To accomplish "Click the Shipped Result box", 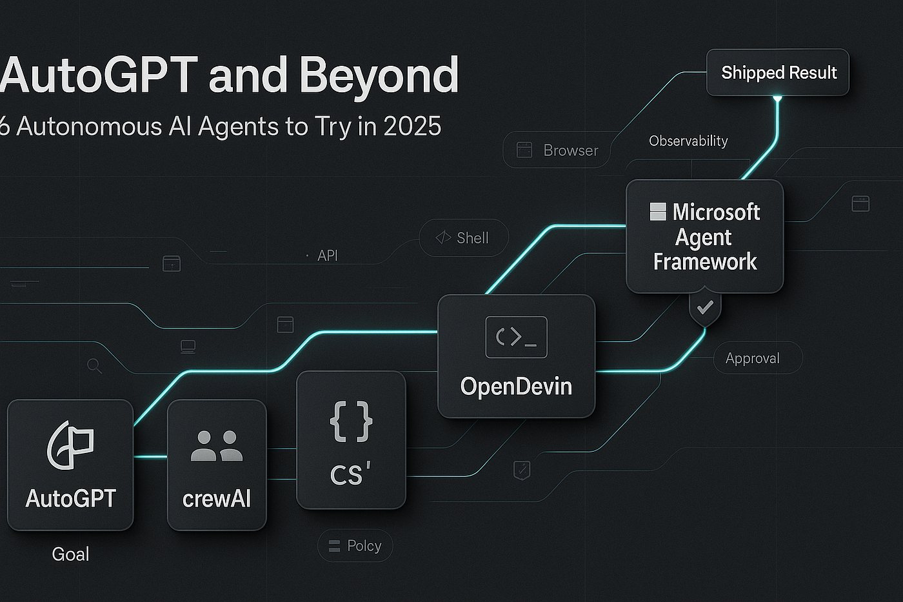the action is click(x=778, y=72).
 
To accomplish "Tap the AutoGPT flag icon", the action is click(x=71, y=445).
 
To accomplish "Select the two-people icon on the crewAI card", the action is click(x=217, y=446).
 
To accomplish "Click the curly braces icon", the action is click(x=351, y=421).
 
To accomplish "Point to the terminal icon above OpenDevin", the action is click(x=517, y=337).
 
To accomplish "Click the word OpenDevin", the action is click(x=516, y=386).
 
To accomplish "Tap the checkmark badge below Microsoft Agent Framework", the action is click(x=704, y=308).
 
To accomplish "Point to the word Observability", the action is click(x=688, y=141).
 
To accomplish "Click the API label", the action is click(x=328, y=256).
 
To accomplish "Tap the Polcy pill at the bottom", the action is click(x=355, y=546).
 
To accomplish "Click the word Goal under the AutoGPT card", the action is click(x=70, y=554).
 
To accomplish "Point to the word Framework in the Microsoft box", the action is click(x=704, y=261).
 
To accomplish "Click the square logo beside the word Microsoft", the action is click(x=658, y=212).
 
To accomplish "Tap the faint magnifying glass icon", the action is click(x=95, y=366).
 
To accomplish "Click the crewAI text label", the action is click(x=217, y=499).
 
